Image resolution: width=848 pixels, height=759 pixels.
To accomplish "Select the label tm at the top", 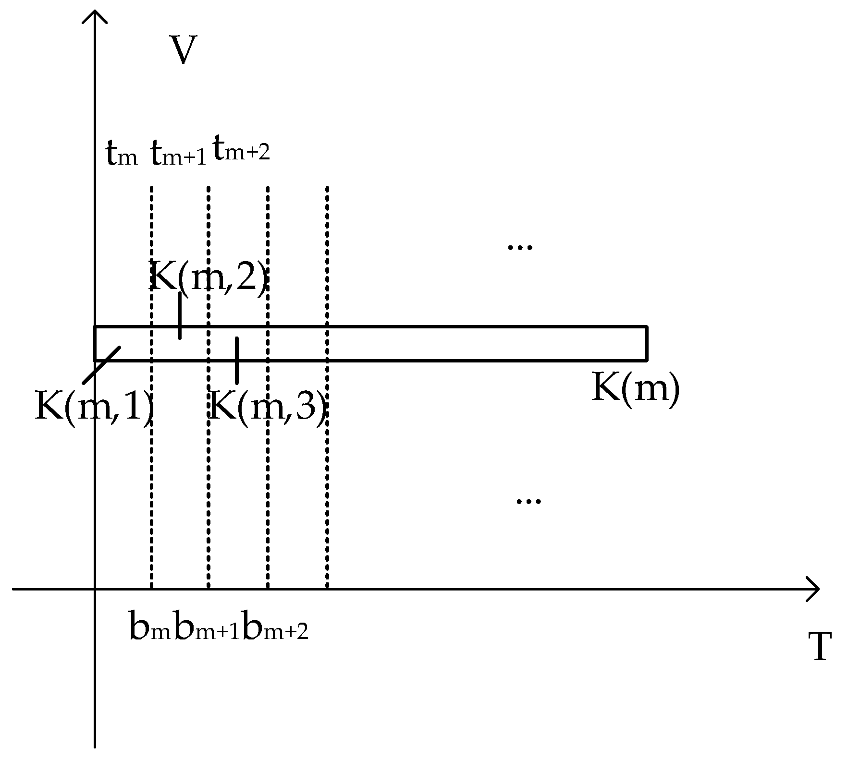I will click(x=122, y=155).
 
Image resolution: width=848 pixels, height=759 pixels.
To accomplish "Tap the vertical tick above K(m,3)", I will click(x=236, y=360).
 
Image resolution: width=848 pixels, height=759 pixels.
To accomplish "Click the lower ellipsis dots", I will click(x=528, y=501).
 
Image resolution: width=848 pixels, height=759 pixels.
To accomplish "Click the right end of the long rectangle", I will click(x=646, y=343).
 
